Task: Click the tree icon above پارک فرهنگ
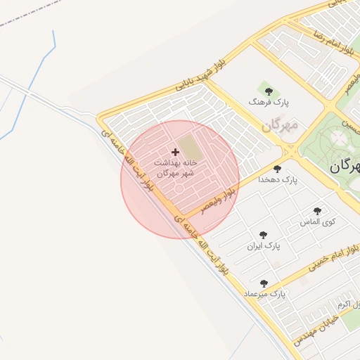pyautogui.click(x=267, y=89)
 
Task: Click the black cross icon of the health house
pyautogui.click(x=175, y=152)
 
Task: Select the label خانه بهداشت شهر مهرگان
pyautogui.click(x=175, y=167)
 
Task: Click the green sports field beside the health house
pyautogui.click(x=188, y=148)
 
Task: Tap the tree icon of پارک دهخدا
pyautogui.click(x=277, y=169)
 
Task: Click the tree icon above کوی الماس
pyautogui.click(x=317, y=210)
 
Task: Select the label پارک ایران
pyautogui.click(x=264, y=247)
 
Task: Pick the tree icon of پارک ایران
pyautogui.click(x=263, y=236)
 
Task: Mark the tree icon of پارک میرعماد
pyautogui.click(x=264, y=283)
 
